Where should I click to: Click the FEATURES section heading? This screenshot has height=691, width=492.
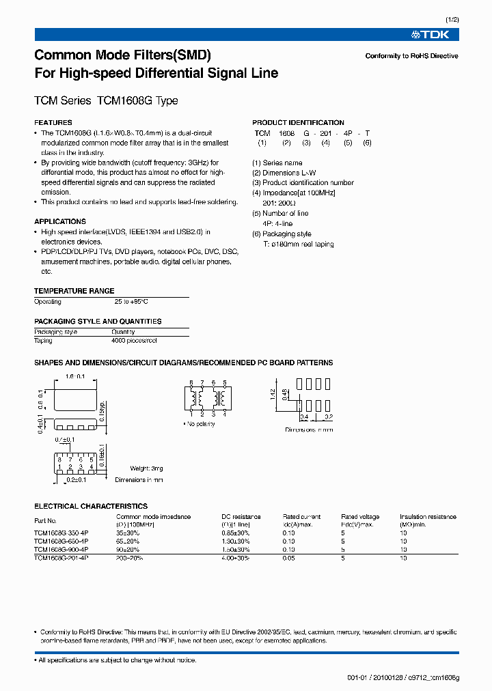click(53, 123)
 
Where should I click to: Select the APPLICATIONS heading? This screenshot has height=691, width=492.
click(60, 222)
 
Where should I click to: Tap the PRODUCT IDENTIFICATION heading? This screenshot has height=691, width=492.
click(299, 123)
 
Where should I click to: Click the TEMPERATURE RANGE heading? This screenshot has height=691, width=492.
click(74, 291)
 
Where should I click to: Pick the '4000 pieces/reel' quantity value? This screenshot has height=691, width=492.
click(134, 340)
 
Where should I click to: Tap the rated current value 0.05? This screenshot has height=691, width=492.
click(289, 558)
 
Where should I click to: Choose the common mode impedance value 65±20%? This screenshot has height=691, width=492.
click(128, 541)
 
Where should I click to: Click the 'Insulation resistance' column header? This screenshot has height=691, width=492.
click(428, 517)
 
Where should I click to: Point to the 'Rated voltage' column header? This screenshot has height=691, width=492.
click(360, 517)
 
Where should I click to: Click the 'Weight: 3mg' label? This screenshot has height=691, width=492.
click(146, 468)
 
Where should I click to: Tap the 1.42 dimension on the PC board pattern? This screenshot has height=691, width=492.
click(272, 393)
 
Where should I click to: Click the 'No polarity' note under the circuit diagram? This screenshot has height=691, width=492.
click(200, 424)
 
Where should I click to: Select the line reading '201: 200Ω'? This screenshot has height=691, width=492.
click(279, 203)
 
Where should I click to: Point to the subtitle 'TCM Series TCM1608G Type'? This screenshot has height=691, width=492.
click(106, 100)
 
